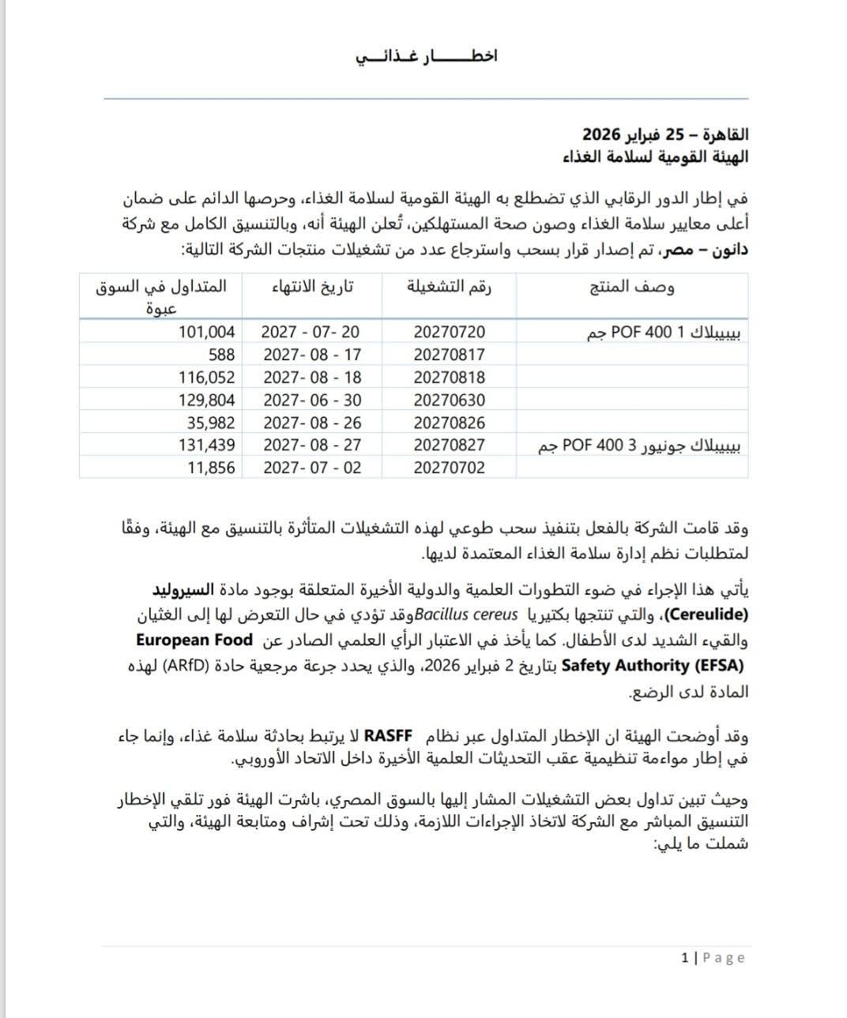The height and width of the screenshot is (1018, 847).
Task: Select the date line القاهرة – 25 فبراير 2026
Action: [x=665, y=133]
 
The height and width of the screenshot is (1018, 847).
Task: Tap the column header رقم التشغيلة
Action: [x=449, y=287]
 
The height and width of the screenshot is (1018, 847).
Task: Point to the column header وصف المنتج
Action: [x=632, y=287]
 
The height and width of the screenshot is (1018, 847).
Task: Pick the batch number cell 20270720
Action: [x=449, y=332]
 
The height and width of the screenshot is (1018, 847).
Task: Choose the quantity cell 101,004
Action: [x=208, y=332]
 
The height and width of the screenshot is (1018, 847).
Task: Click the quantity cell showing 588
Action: [x=221, y=355]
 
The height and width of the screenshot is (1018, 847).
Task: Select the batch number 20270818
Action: [x=449, y=378]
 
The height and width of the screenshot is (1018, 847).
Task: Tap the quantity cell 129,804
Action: [x=208, y=400]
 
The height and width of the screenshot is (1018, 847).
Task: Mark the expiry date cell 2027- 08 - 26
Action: [x=311, y=423]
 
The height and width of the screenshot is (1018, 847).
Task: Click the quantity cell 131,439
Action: [x=208, y=445]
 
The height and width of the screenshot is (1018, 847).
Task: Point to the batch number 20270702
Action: [x=449, y=468]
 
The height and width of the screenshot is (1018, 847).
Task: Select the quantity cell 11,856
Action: [x=211, y=468]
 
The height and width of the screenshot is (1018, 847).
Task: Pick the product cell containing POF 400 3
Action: [x=640, y=446]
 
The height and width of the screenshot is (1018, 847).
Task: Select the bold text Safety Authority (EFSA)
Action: [x=653, y=666]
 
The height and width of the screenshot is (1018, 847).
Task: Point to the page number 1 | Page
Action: [x=713, y=958]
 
